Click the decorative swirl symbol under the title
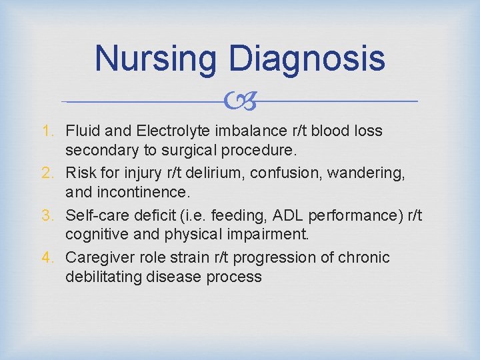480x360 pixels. point(240,101)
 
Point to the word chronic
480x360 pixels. point(366,257)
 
